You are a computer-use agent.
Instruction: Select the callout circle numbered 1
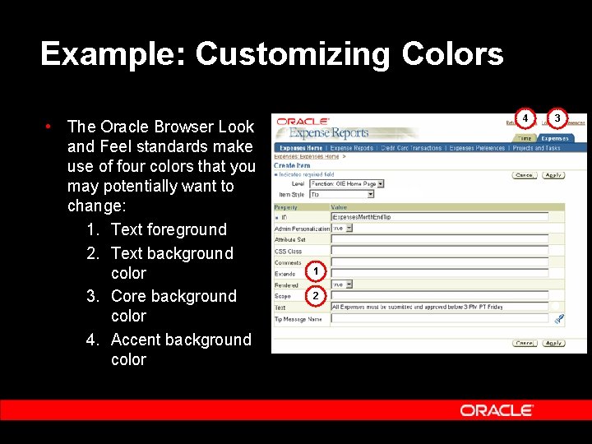[x=316, y=271]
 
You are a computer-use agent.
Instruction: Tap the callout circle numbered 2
[x=316, y=295]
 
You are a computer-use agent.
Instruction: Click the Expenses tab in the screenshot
[x=555, y=139]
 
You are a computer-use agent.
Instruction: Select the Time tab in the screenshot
[x=524, y=139]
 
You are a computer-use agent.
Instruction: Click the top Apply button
[x=553, y=175]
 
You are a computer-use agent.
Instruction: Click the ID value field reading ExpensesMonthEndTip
[x=439, y=217]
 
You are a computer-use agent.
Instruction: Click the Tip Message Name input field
[x=439, y=319]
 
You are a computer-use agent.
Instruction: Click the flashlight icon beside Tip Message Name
[x=555, y=319]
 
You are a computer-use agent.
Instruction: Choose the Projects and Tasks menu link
[x=536, y=148]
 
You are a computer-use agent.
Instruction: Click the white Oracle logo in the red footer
[x=497, y=410]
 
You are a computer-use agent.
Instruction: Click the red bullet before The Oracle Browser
[x=50, y=126]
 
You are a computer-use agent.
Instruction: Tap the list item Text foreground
[x=169, y=230]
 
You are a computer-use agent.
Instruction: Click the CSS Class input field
[x=439, y=251]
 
